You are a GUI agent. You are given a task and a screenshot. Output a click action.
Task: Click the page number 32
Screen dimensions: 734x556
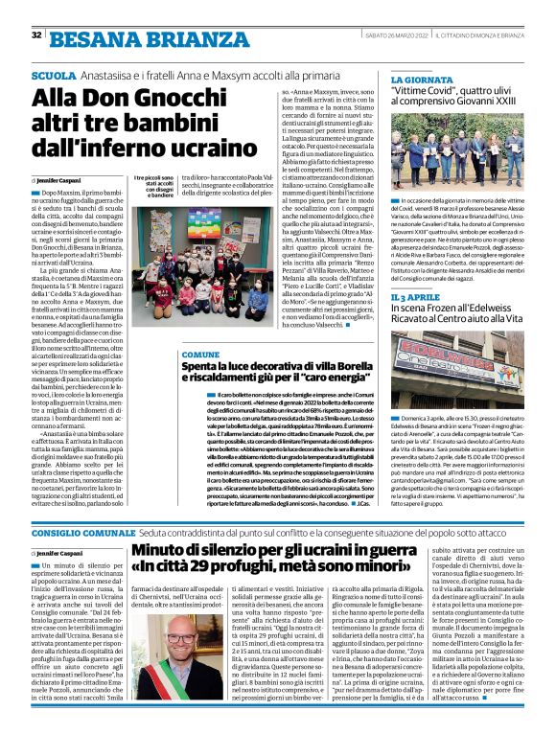(36, 35)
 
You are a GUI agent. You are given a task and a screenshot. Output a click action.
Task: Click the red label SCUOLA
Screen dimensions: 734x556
(55, 75)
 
